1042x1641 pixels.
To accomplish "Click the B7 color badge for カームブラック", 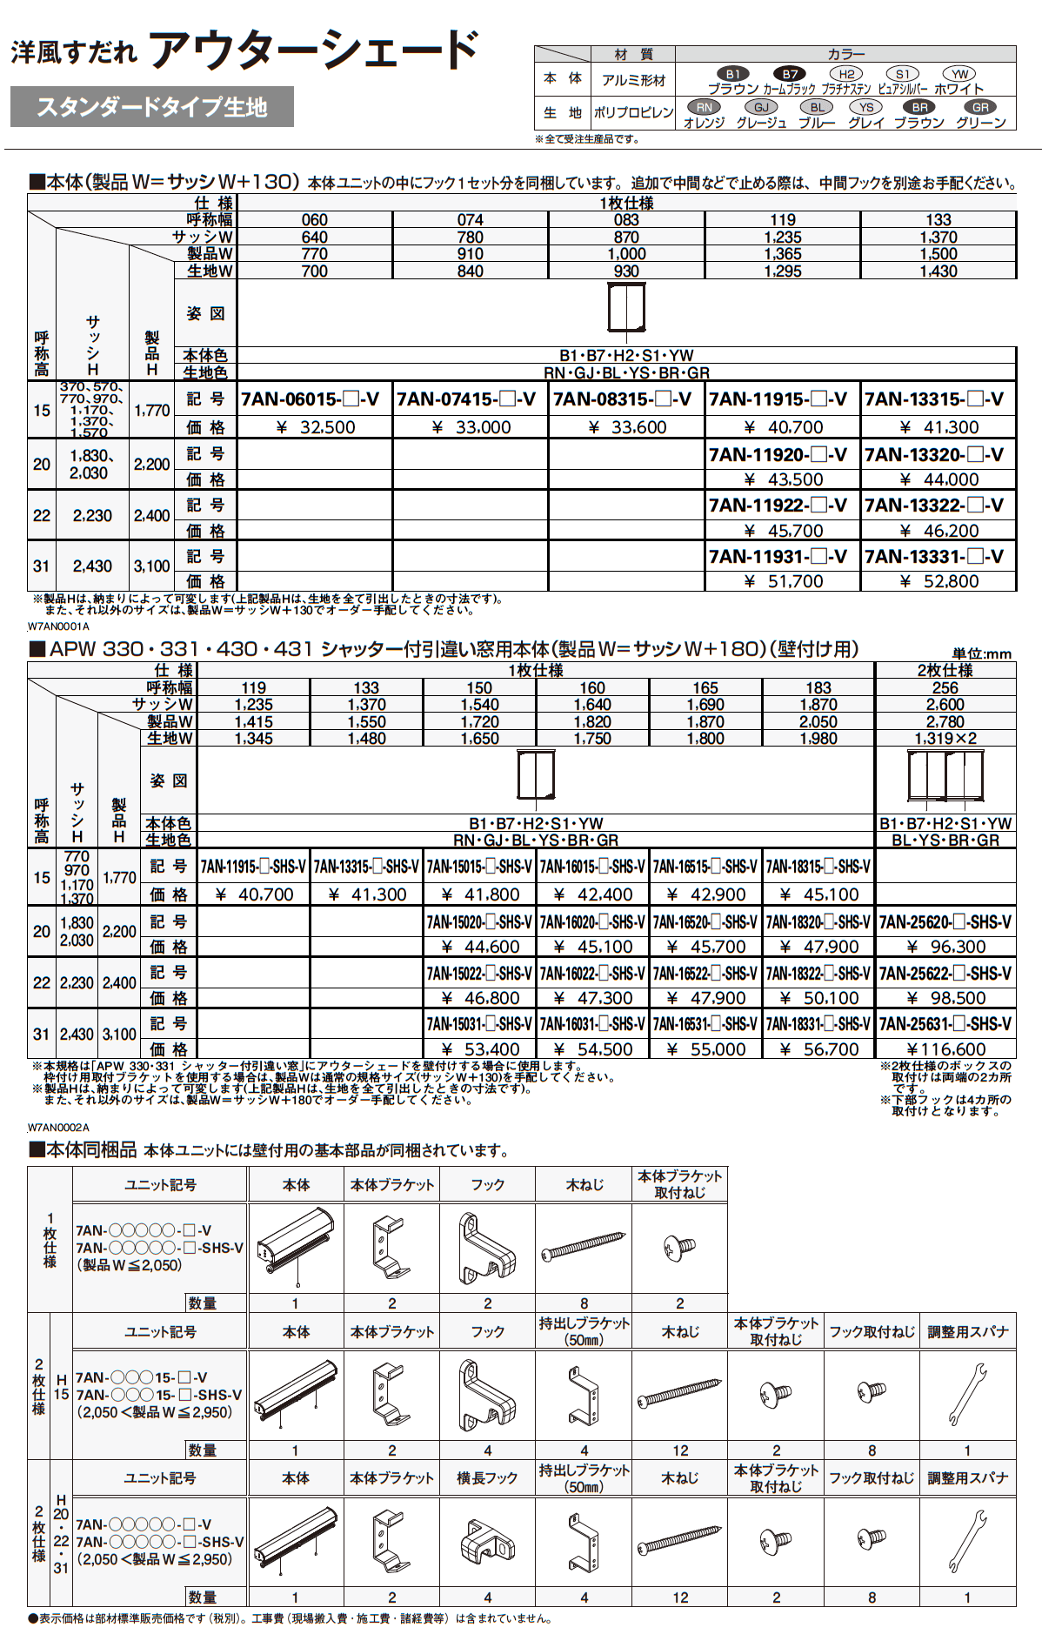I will click(x=789, y=74).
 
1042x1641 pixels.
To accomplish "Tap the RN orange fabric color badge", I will click(x=704, y=107).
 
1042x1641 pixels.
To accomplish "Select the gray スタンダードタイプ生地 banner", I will click(x=151, y=108).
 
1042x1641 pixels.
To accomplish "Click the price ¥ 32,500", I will click(x=315, y=427).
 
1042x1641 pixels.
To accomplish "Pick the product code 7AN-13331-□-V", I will click(x=938, y=557).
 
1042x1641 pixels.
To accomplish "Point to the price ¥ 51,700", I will click(x=782, y=581).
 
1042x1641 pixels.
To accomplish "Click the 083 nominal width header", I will click(x=626, y=220).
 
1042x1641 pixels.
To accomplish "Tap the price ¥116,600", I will click(x=945, y=1049).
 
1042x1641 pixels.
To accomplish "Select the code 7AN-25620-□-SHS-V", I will click(x=945, y=921).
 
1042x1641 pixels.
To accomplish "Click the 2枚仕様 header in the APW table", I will click(x=945, y=671).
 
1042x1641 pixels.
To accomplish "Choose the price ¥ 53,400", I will click(x=479, y=1049).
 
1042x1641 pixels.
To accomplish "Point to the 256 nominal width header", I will click(x=945, y=687).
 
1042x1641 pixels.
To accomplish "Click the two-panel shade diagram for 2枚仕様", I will click(x=945, y=776).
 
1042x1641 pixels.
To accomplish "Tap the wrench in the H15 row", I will click(x=967, y=1394).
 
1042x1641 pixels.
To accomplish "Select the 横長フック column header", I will click(x=487, y=1477).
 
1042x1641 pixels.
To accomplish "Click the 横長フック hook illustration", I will click(x=487, y=1541).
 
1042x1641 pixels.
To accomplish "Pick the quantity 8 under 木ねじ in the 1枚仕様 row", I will click(x=584, y=1303).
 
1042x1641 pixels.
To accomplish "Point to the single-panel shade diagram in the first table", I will click(x=626, y=309).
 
